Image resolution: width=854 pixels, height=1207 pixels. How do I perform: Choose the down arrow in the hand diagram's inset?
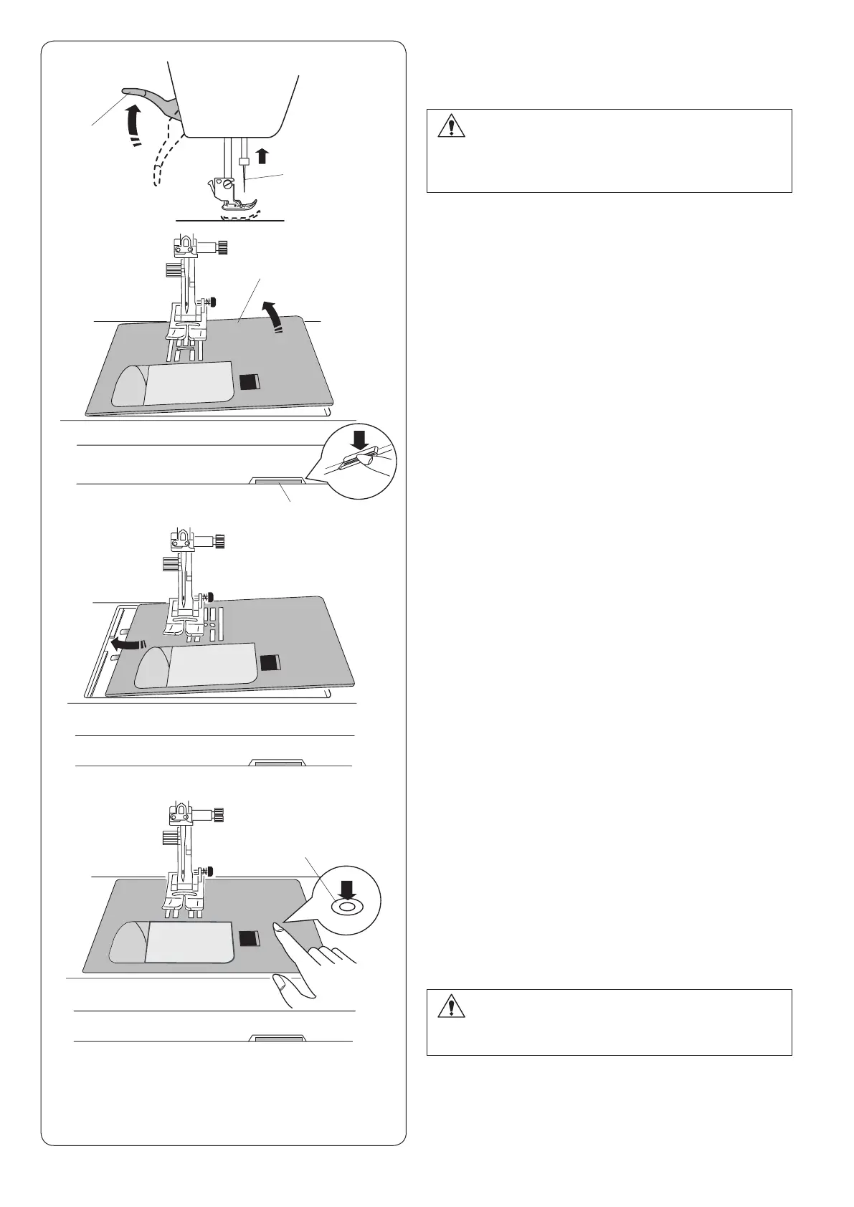[347, 890]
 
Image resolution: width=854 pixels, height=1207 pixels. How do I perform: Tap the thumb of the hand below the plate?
[281, 980]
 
